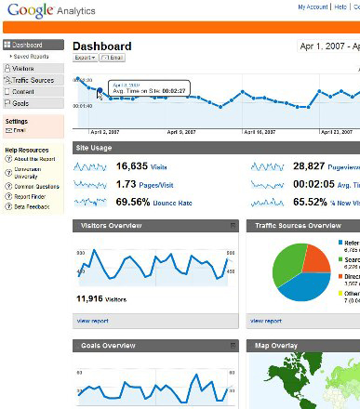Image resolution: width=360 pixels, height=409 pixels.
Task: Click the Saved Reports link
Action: point(33,57)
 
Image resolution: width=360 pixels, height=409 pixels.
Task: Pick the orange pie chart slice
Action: point(316,257)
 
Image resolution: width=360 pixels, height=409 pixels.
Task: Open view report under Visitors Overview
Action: point(93,321)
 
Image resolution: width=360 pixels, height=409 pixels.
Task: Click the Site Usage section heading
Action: point(96,148)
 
